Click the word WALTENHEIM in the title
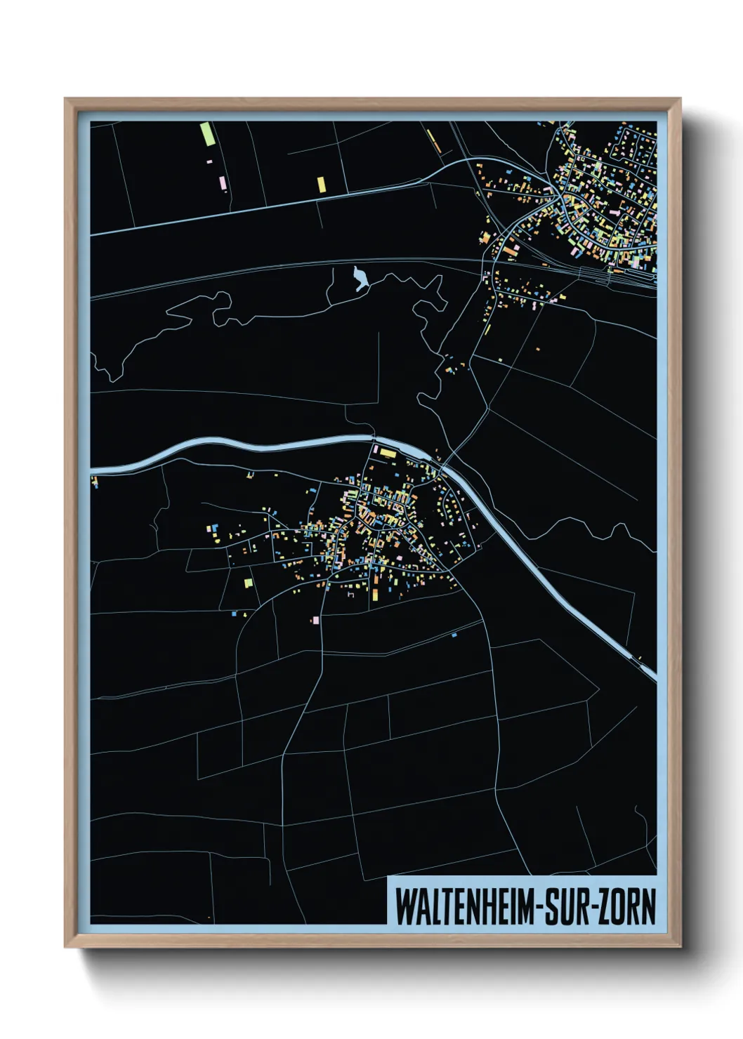pyautogui.click(x=463, y=906)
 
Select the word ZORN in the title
pyautogui.click(x=628, y=906)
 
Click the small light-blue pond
pyautogui.click(x=360, y=279)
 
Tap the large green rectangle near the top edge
pyautogui.click(x=206, y=133)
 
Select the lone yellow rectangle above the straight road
pyautogui.click(x=322, y=184)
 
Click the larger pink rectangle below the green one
pyautogui.click(x=223, y=183)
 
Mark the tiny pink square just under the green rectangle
pyautogui.click(x=209, y=162)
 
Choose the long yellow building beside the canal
pyautogui.click(x=388, y=454)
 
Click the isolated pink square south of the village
pyautogui.click(x=316, y=620)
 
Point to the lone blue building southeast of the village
pyautogui.click(x=454, y=635)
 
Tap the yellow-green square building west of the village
pyautogui.click(x=248, y=582)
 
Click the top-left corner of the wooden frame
pyautogui.click(x=65, y=99)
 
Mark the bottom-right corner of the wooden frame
pyautogui.click(x=680, y=946)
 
